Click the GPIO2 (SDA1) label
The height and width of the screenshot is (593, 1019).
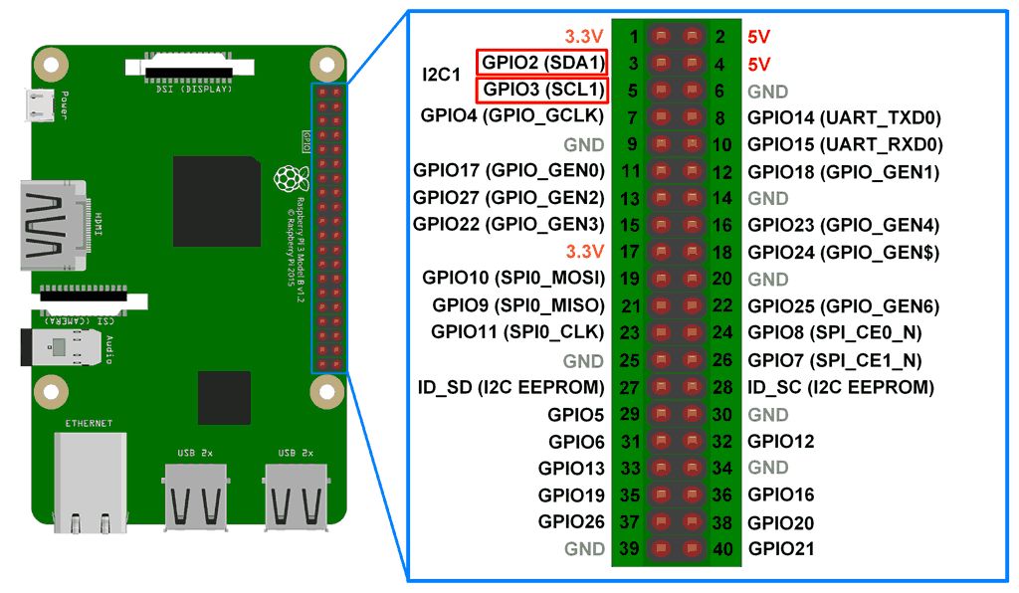click(x=542, y=63)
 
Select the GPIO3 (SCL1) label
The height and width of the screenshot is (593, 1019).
click(x=542, y=90)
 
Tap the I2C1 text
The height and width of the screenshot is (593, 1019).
click(x=443, y=76)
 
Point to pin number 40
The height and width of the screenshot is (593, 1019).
click(x=723, y=548)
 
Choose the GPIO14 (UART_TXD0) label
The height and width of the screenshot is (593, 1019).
click(x=844, y=117)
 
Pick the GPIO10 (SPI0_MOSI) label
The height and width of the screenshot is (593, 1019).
click(x=513, y=279)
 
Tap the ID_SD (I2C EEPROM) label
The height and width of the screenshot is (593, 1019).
click(x=511, y=386)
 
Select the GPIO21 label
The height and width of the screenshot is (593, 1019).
click(x=781, y=548)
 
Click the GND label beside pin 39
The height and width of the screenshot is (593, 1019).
click(x=584, y=548)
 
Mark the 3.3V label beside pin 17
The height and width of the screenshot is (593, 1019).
click(x=584, y=252)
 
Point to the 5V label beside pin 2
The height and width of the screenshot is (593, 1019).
click(x=758, y=37)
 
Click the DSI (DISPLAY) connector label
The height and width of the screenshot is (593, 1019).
click(x=194, y=90)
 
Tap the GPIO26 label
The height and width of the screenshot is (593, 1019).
click(x=571, y=521)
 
